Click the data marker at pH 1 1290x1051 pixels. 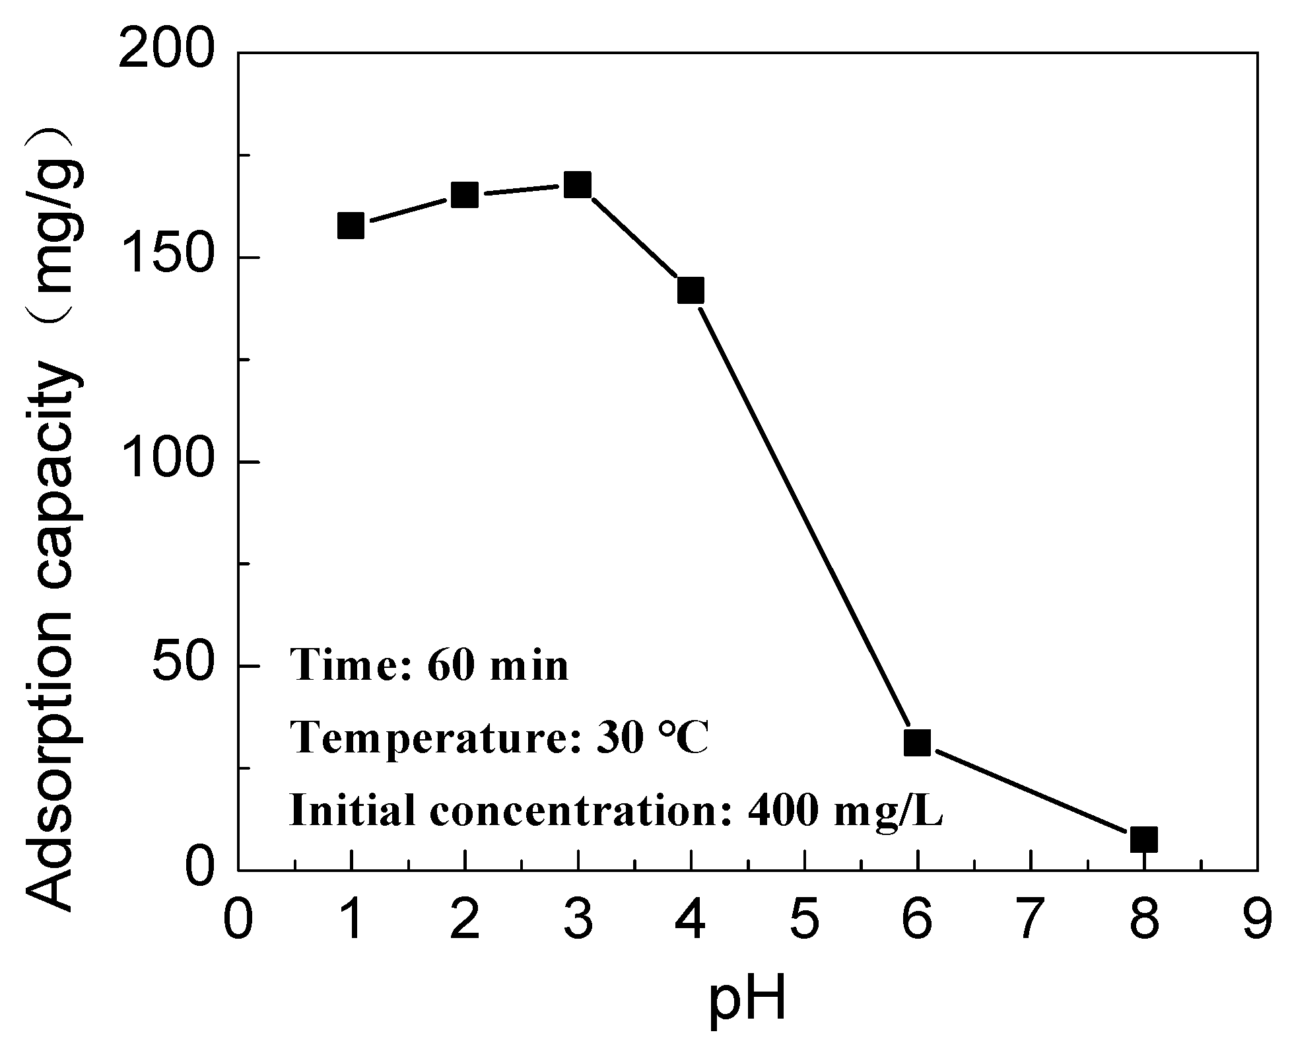(x=351, y=226)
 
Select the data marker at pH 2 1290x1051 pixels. (x=465, y=195)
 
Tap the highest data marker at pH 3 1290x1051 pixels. (x=578, y=186)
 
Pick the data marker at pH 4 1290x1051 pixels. (x=691, y=290)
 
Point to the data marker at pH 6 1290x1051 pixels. (x=917, y=743)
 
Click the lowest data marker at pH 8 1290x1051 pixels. (x=1143, y=839)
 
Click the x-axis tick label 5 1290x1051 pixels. (x=804, y=920)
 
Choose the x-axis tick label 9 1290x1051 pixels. (x=1256, y=920)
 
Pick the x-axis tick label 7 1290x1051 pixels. (x=1030, y=920)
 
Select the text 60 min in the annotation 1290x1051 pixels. (x=498, y=666)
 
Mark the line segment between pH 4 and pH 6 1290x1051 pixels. (x=803, y=515)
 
